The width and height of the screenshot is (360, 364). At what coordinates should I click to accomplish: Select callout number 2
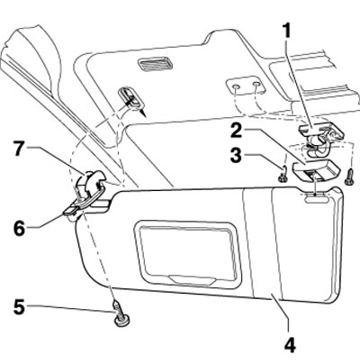pos(237,132)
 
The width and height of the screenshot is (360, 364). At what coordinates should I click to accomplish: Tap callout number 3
pos(236,156)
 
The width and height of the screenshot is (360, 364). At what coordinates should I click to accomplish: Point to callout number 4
pos(289,346)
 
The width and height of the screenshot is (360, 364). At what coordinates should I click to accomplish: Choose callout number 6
pos(19,229)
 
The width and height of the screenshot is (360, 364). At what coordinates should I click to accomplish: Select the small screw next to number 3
pos(283,175)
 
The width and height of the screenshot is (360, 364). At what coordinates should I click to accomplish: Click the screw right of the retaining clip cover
pos(349,178)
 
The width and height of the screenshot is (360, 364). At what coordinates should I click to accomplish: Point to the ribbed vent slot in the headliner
pos(155,63)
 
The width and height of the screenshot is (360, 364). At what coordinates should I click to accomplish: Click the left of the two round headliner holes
pos(237,87)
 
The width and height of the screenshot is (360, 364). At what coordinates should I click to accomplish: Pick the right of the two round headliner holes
pos(256,86)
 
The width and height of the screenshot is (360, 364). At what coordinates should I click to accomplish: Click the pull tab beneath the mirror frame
pos(192,279)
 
